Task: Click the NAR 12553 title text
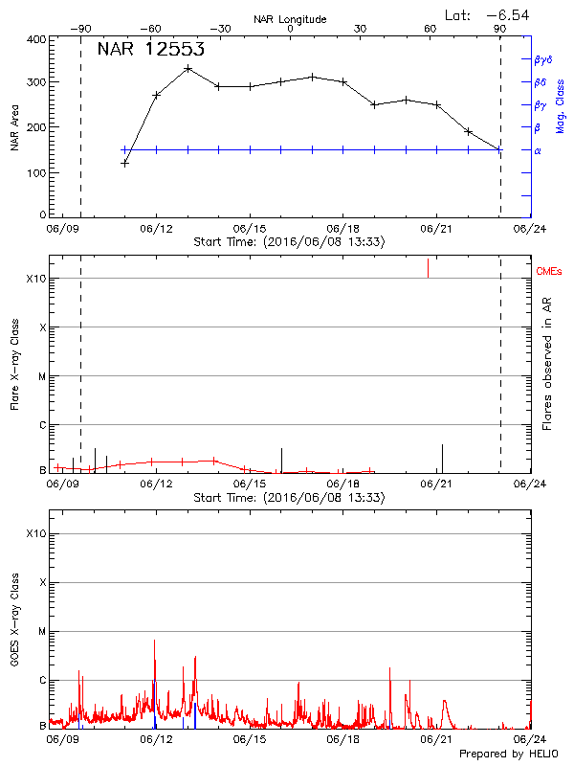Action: point(151,50)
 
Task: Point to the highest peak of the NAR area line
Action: point(188,68)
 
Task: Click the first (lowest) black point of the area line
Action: point(124,164)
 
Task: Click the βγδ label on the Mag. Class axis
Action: point(543,59)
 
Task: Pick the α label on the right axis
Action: point(537,150)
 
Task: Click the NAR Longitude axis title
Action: point(290,18)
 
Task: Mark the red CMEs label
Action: point(550,272)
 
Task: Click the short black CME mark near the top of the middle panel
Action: point(428,268)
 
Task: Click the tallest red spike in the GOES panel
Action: point(154,641)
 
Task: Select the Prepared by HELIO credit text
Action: point(510,755)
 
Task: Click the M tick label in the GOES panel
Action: point(42,632)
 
